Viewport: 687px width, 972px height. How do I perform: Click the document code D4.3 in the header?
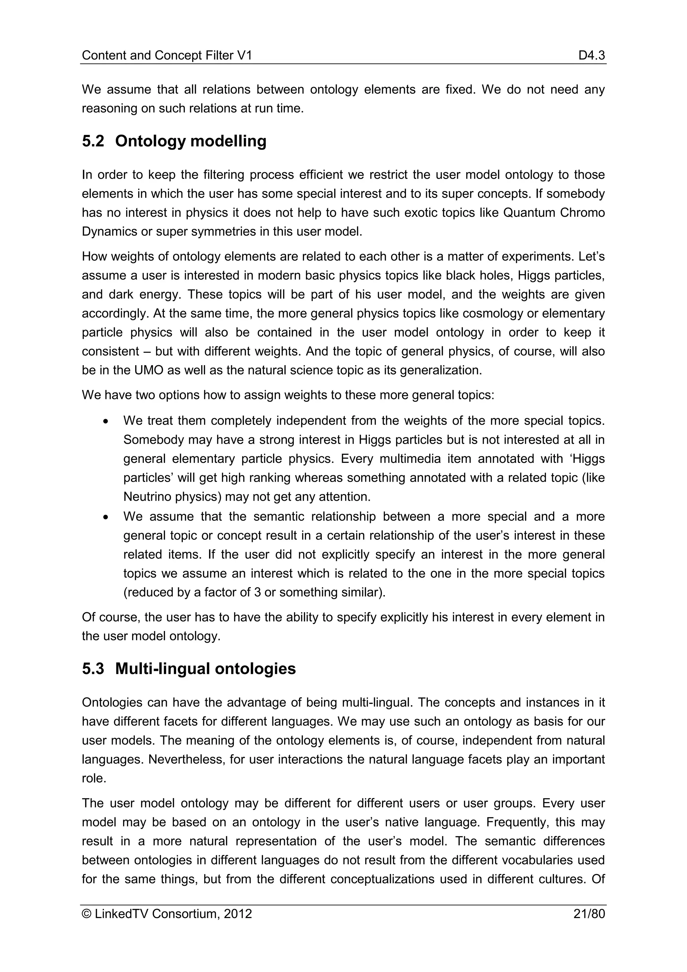[x=592, y=55]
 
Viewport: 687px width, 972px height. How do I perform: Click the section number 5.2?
[x=93, y=141]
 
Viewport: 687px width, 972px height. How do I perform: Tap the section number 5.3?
[x=93, y=669]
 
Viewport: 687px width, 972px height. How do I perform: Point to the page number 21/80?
[x=589, y=914]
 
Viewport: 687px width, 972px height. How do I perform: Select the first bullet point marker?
[x=107, y=422]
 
